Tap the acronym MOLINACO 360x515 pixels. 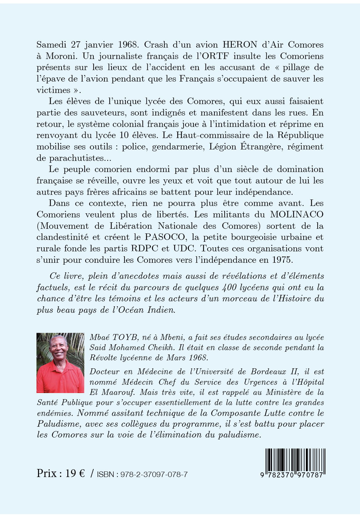297,214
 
